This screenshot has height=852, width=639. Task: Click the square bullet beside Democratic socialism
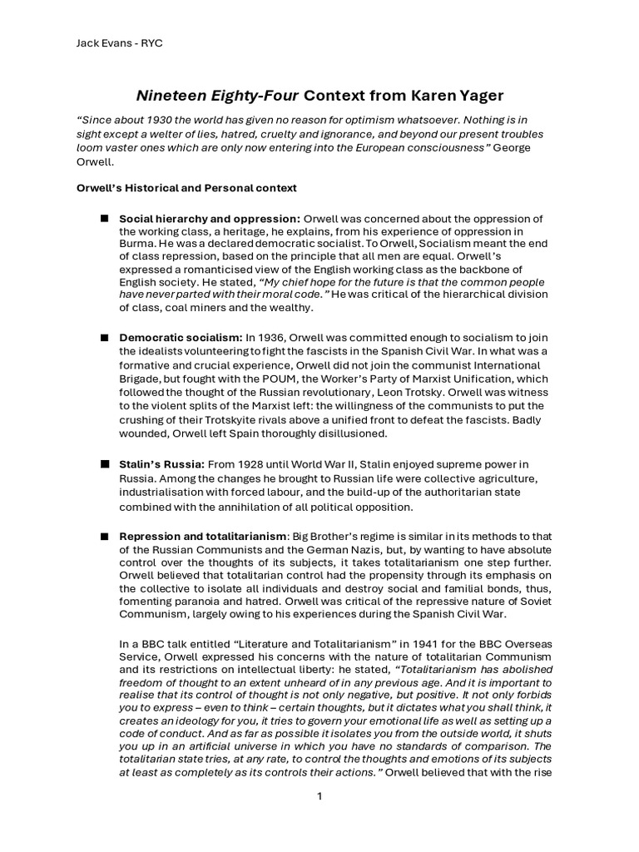(105, 338)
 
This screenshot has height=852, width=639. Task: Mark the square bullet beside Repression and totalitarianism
(105, 536)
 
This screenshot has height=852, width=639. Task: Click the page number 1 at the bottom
(319, 796)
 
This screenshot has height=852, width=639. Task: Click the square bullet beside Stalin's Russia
(105, 463)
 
